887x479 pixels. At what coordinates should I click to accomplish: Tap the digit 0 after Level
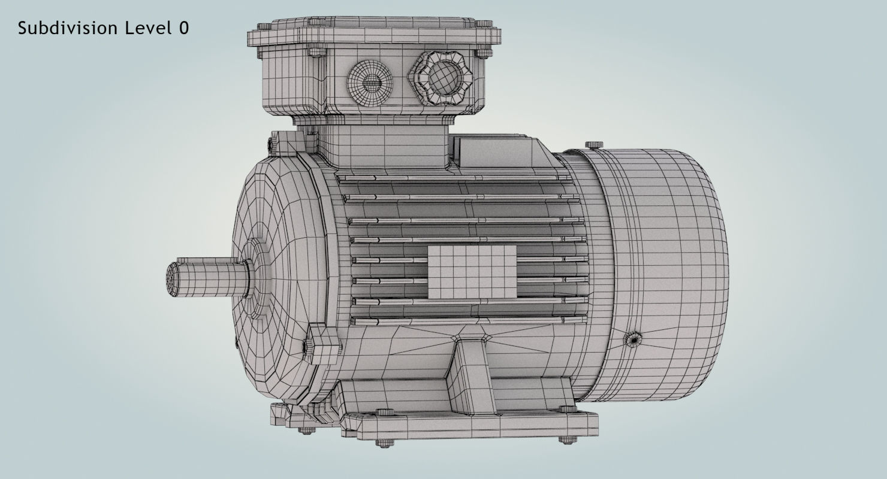pos(183,28)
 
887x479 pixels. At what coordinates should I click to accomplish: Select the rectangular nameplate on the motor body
pos(472,272)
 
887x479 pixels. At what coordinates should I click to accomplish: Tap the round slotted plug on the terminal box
pos(369,84)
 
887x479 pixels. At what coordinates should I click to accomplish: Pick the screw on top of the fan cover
pos(593,145)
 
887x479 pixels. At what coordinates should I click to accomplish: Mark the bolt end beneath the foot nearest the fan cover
pos(565,439)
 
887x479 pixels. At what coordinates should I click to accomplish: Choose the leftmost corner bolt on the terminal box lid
pos(263,28)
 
